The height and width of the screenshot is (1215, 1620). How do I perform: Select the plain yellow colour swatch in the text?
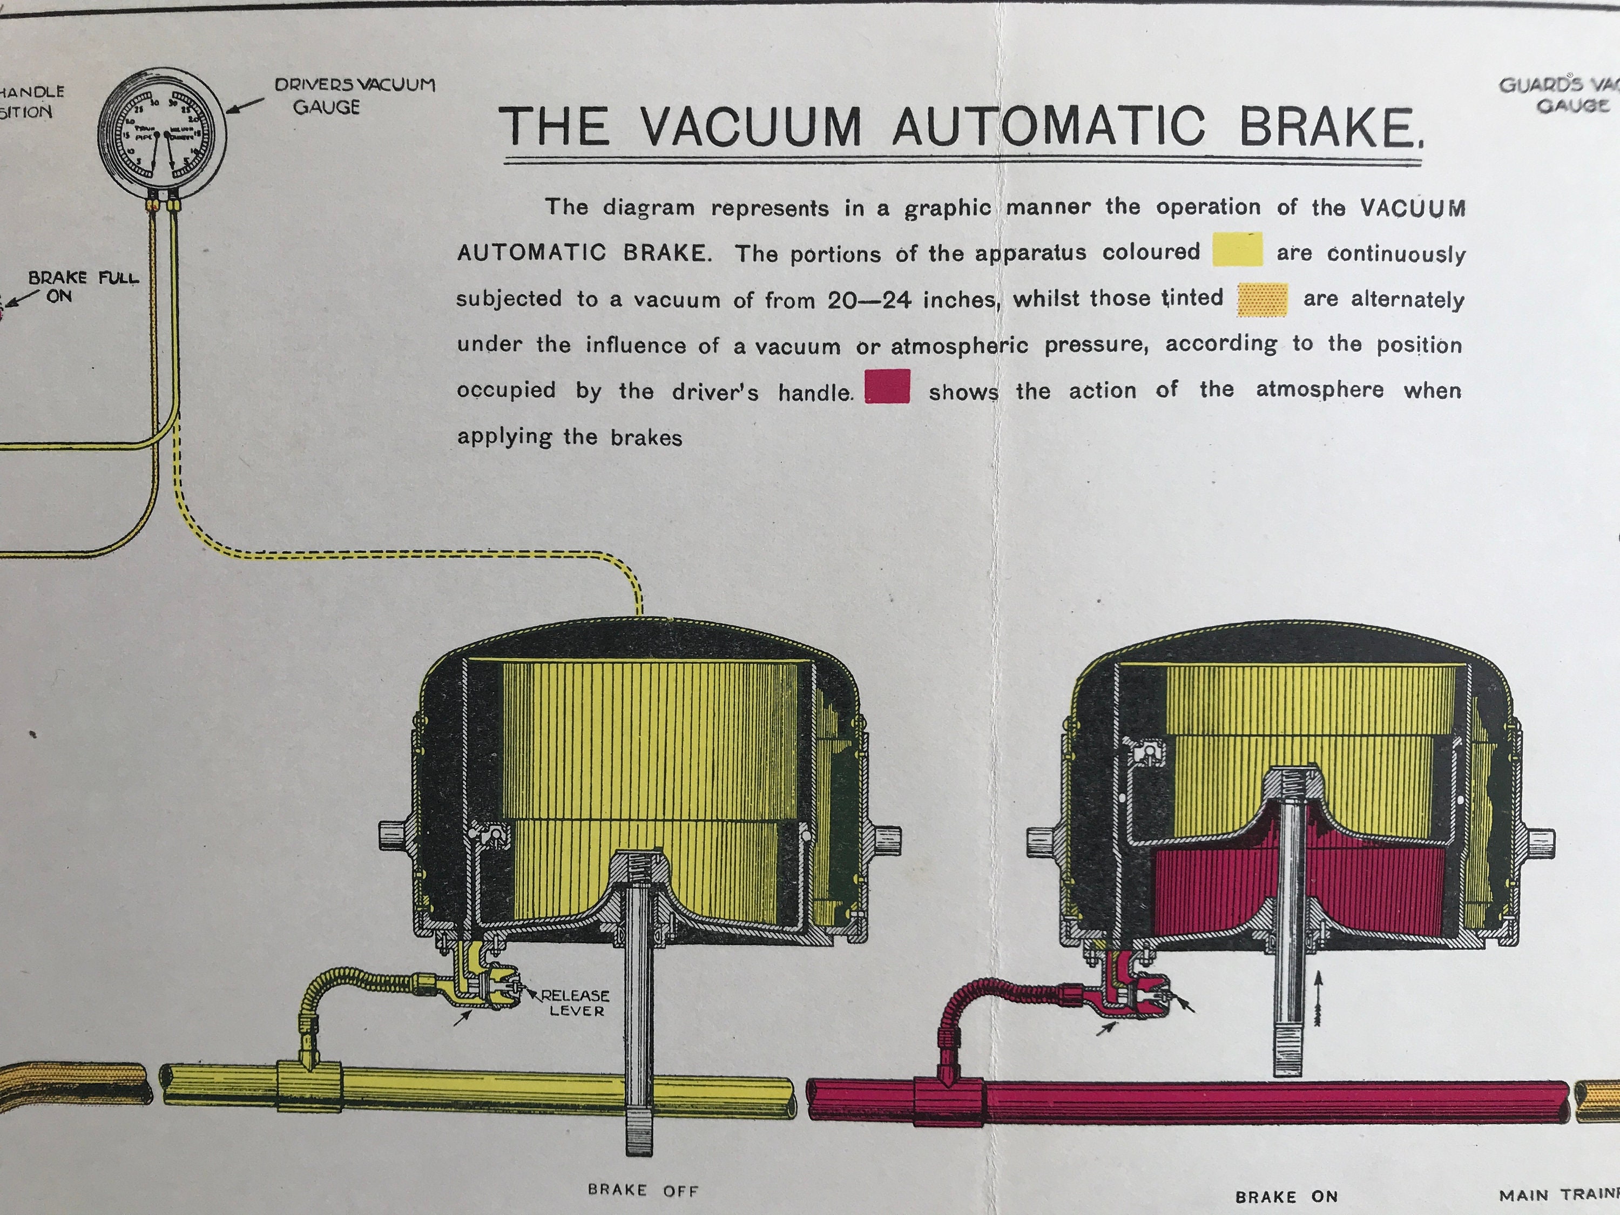(1237, 249)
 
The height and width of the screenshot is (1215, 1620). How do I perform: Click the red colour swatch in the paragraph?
(888, 387)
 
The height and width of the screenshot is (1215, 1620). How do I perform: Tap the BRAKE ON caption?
(1287, 1197)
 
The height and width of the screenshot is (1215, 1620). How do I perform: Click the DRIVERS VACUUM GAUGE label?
(355, 95)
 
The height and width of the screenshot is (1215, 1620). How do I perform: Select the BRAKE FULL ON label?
(83, 286)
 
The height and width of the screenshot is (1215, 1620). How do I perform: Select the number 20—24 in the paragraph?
(869, 300)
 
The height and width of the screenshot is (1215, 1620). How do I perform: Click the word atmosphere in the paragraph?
(1319, 390)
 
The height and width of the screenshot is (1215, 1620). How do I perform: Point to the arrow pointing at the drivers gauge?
(245, 106)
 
